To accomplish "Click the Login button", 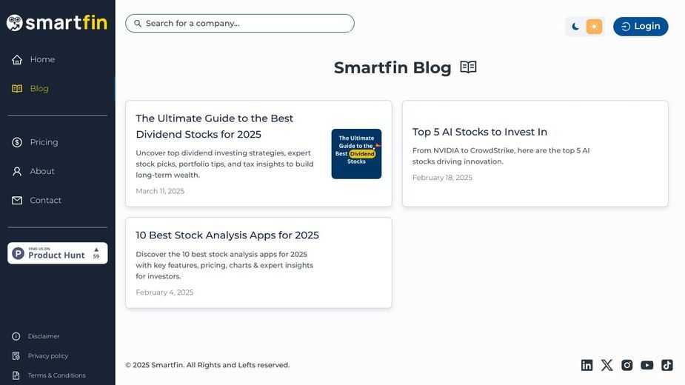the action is pos(641,26).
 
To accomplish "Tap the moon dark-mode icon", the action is pos(575,26).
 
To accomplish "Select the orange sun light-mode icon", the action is pos(594,26).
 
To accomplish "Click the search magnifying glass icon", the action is pos(138,23).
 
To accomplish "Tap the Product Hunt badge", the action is pos(58,253).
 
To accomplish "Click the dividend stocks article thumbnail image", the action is pos(356,154).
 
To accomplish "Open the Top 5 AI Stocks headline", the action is pos(480,132).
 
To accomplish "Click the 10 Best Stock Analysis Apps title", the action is pos(227,235).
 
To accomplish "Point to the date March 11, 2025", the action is pos(160,191).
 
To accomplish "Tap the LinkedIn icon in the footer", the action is pos(587,365).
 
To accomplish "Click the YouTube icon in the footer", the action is pos(647,365).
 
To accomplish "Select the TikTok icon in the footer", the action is pos(667,365).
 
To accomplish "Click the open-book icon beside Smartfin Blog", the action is pos(468,67).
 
